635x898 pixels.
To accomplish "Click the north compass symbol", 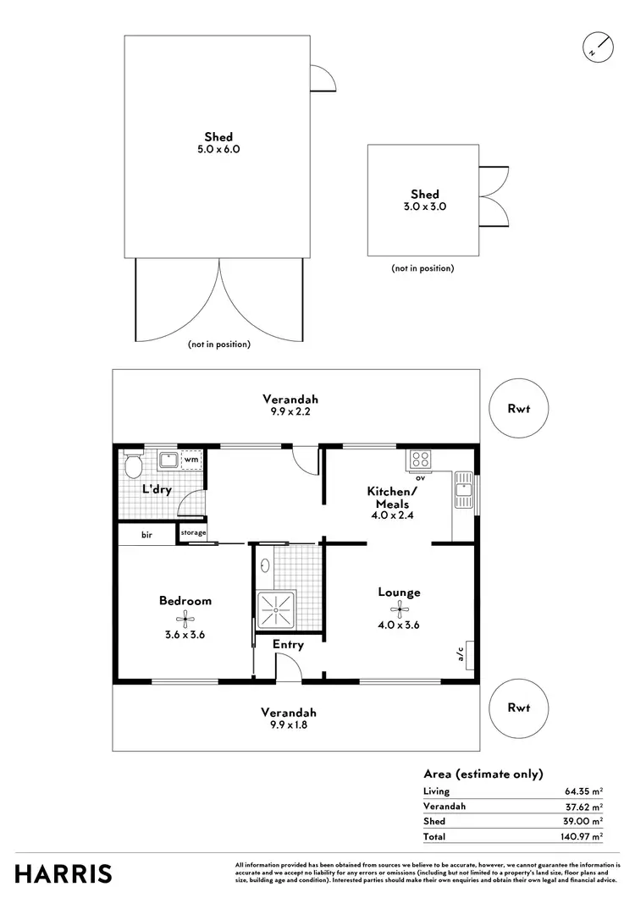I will click(x=597, y=47).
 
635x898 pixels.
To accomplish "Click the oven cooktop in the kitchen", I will click(x=420, y=460).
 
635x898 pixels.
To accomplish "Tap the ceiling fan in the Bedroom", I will click(x=185, y=618).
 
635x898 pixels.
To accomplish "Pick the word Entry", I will click(x=288, y=645).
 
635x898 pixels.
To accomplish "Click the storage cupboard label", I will click(x=192, y=533).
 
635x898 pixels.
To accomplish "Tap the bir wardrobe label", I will click(x=146, y=535).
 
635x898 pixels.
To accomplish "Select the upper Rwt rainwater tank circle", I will click(x=519, y=408).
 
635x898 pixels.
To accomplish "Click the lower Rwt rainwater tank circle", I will click(x=519, y=708).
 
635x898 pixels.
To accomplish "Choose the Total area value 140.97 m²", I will click(x=585, y=836).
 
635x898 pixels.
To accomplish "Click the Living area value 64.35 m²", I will click(x=585, y=791).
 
